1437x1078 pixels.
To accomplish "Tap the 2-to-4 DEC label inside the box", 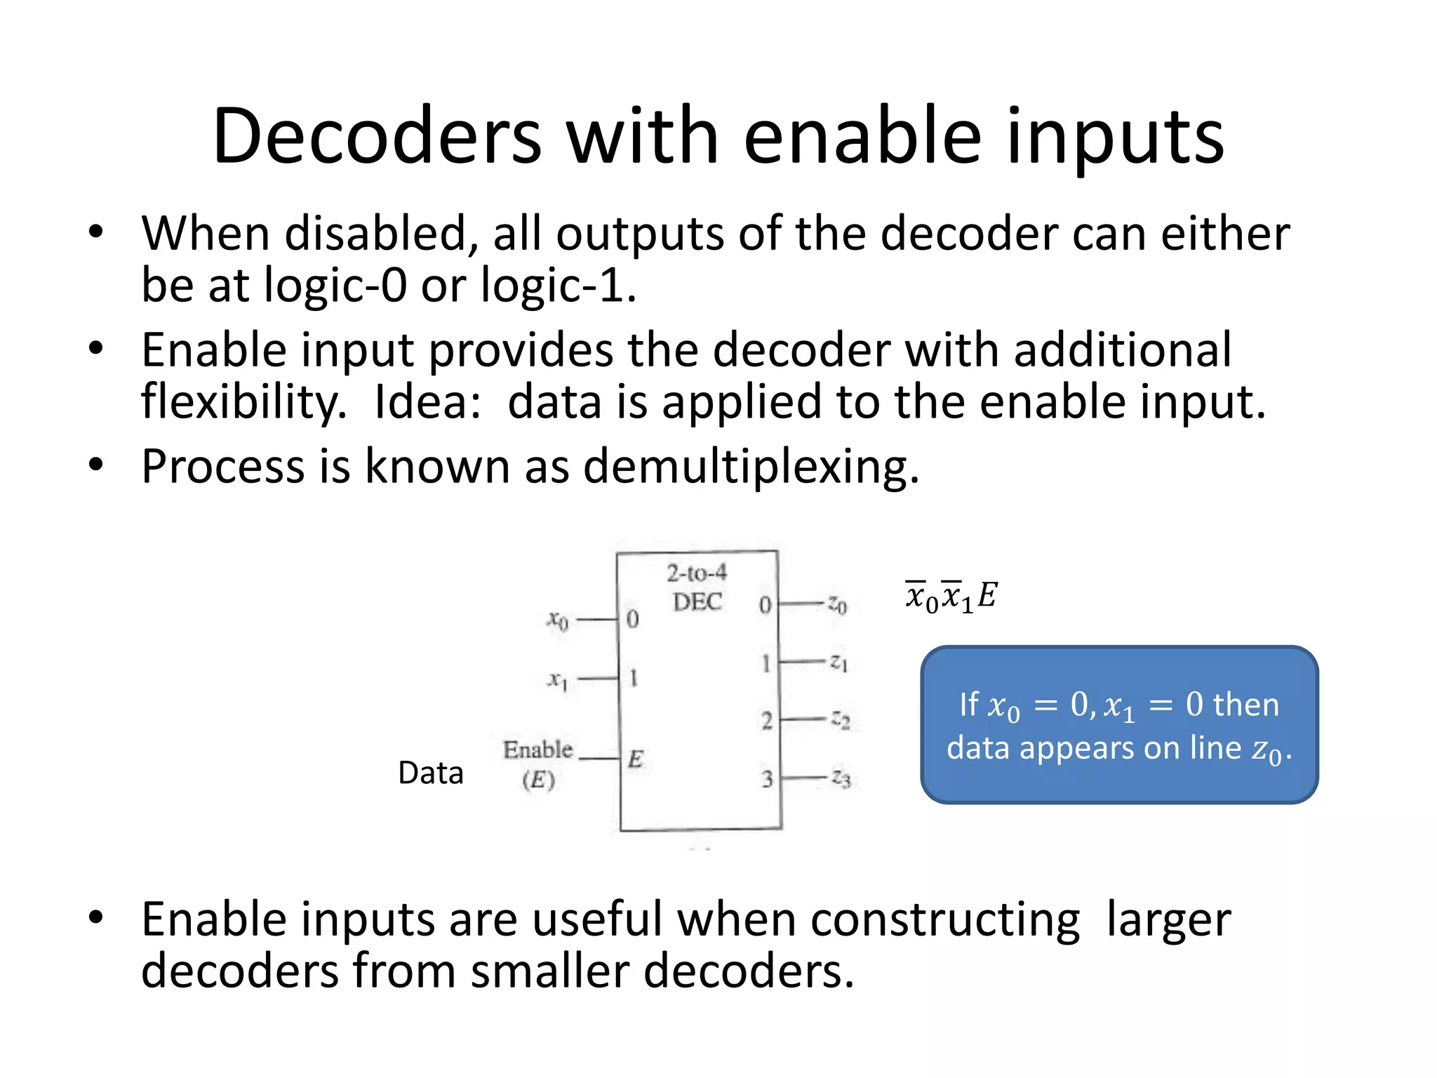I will click(x=697, y=587).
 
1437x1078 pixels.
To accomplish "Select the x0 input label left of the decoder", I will click(x=558, y=620).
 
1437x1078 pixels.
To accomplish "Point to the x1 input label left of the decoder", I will click(x=558, y=679).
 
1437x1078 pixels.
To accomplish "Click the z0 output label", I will click(x=838, y=604).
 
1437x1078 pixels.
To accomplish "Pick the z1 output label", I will click(x=839, y=662).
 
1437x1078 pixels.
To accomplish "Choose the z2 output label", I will click(x=841, y=719).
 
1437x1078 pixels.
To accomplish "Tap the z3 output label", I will click(x=841, y=778).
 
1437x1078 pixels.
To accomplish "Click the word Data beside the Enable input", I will click(x=430, y=773).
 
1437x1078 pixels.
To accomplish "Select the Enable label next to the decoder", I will click(x=538, y=750).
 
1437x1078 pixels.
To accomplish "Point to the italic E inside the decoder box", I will click(x=636, y=759).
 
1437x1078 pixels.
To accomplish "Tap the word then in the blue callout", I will click(x=1245, y=704).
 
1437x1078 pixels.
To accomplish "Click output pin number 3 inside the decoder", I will click(x=767, y=778).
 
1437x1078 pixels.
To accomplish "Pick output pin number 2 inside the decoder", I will click(x=767, y=721).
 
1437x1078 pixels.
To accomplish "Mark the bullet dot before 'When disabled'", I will click(x=96, y=232).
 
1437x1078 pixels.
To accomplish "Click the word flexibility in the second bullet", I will click(x=243, y=401).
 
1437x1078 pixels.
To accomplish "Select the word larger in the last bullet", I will click(x=1168, y=919).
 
